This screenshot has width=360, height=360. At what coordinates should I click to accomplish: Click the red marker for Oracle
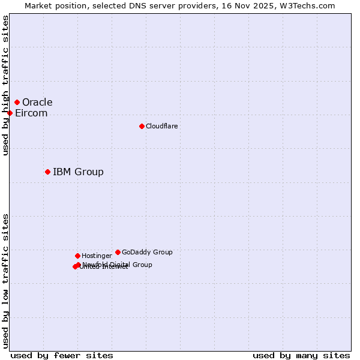[x=17, y=102]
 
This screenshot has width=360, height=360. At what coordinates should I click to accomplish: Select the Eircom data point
[x=10, y=113]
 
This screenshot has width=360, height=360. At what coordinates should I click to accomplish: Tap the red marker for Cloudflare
[x=142, y=126]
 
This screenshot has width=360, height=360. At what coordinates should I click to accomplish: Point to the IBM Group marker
[x=47, y=172]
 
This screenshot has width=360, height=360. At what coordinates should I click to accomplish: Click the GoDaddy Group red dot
[x=118, y=252]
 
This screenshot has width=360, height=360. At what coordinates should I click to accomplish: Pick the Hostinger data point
[x=77, y=256]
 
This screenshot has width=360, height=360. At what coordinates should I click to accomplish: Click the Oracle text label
[x=37, y=102]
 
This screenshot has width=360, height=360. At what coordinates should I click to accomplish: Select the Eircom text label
[x=31, y=113]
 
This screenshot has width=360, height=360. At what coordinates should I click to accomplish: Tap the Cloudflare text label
[x=161, y=126]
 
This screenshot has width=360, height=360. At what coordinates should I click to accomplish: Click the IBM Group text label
[x=78, y=172]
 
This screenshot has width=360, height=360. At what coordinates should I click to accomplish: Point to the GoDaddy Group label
[x=147, y=252]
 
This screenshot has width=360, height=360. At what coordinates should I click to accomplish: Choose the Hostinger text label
[x=97, y=256]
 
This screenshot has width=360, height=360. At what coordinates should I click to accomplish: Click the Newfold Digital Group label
[x=118, y=265]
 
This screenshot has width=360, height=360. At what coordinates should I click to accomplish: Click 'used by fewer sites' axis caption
[x=61, y=355]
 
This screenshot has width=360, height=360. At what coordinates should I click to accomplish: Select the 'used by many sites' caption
[x=301, y=355]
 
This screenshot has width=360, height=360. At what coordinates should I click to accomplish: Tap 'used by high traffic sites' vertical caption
[x=6, y=85]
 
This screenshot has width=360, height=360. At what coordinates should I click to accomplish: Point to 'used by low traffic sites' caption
[x=6, y=281]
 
